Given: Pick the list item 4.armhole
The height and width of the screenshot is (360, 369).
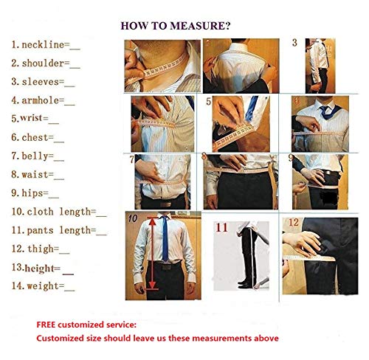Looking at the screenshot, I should click(43, 100).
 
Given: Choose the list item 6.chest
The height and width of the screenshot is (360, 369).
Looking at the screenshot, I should click(38, 137).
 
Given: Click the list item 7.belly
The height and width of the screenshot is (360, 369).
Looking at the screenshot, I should click(38, 156).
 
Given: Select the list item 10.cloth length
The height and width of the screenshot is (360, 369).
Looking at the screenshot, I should click(59, 212).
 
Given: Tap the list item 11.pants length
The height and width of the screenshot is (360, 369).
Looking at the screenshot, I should click(59, 231).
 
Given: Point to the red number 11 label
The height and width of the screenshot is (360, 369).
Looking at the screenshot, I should click(222, 228).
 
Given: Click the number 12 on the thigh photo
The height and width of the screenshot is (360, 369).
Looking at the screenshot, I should click(293, 222).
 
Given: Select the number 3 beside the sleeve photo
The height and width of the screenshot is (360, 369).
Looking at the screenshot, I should click(294, 44).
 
